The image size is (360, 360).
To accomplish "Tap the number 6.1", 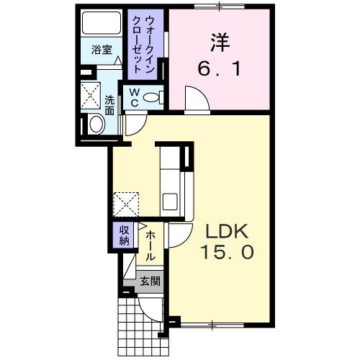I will (219, 71).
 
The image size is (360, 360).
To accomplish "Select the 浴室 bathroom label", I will (102, 51).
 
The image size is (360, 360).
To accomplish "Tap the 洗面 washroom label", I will (109, 105).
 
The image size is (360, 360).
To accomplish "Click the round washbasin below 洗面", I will (96, 125).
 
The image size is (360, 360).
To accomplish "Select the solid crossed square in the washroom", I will (91, 94).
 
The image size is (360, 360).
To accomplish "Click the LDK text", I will (228, 232).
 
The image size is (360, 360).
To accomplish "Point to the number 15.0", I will (228, 254).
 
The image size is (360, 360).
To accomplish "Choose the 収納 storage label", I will (124, 235).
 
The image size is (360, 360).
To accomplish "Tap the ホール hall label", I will (150, 245).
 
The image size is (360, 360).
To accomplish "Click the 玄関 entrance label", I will (150, 282).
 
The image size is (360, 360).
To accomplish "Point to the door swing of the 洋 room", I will (194, 97).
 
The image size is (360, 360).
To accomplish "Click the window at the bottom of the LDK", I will (213, 326).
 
